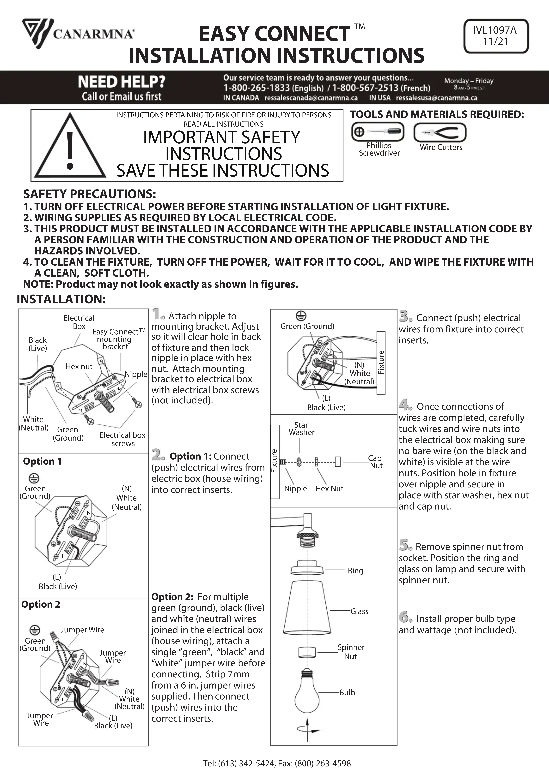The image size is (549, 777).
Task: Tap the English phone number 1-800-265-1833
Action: click(x=256, y=88)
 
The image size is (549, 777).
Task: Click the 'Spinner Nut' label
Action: click(x=351, y=652)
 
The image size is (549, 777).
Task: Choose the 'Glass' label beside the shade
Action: click(x=359, y=611)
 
